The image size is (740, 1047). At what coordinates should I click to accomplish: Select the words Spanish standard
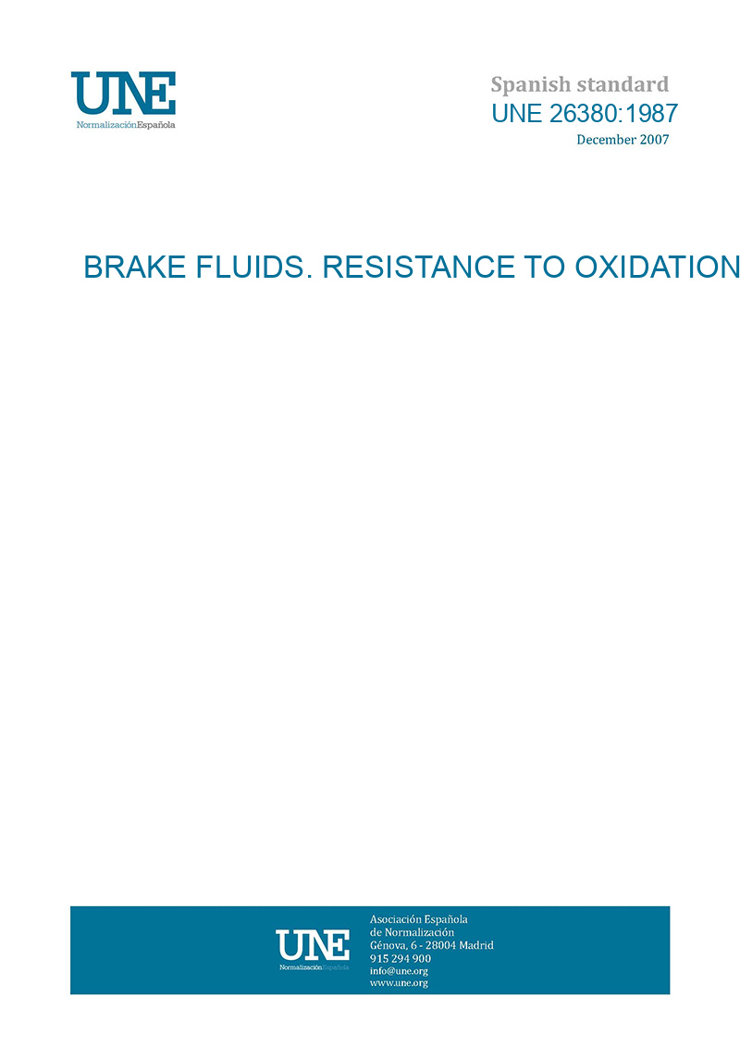[x=580, y=85]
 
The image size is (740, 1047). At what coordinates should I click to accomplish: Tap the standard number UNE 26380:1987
[x=585, y=114]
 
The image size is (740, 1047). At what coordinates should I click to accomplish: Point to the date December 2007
[x=623, y=140]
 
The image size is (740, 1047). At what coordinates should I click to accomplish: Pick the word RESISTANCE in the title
[x=419, y=268]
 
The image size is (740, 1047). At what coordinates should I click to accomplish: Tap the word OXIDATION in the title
[x=658, y=268]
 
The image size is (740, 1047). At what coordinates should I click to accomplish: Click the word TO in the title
[x=545, y=268]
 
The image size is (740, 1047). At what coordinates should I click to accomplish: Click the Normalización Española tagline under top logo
[x=126, y=125]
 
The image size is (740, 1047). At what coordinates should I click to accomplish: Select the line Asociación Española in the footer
[x=418, y=919]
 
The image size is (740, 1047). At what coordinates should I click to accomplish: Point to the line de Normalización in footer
[x=412, y=932]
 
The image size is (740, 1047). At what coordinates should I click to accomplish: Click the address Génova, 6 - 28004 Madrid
[x=432, y=945]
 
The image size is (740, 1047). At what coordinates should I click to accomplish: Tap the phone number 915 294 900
[x=401, y=958]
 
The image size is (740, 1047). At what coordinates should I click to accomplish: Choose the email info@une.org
[x=399, y=971]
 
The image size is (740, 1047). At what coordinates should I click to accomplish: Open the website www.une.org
[x=399, y=983]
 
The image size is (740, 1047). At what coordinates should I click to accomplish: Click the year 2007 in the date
[x=654, y=140]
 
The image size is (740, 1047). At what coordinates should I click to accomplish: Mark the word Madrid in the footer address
[x=476, y=945]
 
